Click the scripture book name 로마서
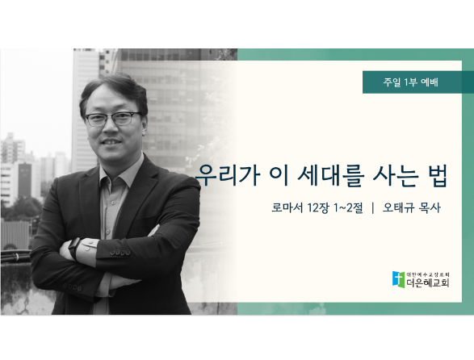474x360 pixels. pos(287,208)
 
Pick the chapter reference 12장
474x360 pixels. pos(317,208)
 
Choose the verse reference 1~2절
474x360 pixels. pos(348,208)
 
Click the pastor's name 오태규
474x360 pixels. pos(398,207)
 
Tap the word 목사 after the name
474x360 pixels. pos(430,207)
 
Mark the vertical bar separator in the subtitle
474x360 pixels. pos(373,208)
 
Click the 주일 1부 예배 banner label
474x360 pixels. pos(411,82)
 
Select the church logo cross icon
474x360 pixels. pos(398,279)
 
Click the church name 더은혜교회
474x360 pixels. pos(428,283)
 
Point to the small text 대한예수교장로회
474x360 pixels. pos(428,274)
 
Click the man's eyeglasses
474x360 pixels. pos(113,119)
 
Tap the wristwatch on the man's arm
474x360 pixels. pos(74,248)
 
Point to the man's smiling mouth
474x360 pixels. pos(111,141)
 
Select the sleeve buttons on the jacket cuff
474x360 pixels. pos(120,252)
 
